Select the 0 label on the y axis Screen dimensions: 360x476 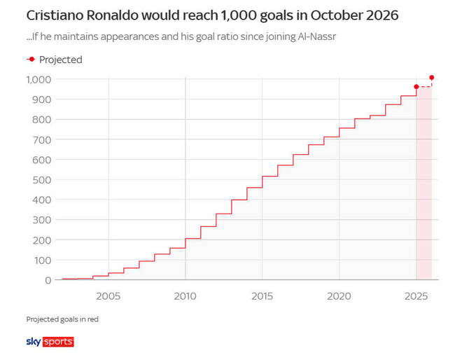48,280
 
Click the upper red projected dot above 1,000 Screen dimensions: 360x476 432,77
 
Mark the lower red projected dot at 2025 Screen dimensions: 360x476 416,87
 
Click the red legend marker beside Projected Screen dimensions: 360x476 31,60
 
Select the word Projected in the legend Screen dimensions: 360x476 61,60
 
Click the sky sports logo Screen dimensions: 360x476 50,342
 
